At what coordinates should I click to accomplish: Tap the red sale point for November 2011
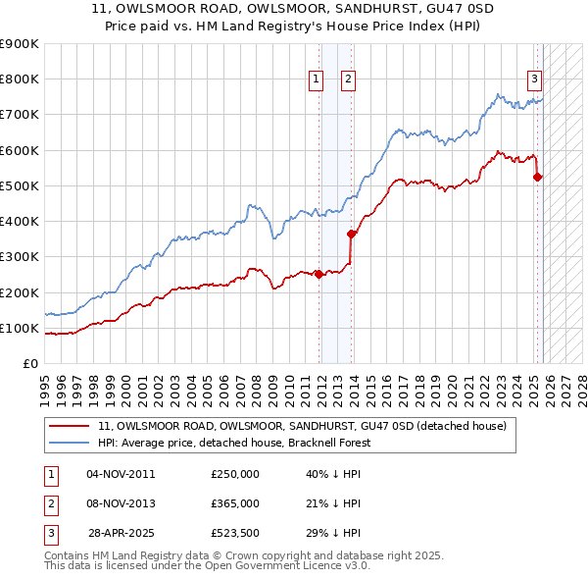318,275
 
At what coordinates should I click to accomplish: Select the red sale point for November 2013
351,234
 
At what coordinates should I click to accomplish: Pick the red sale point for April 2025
537,177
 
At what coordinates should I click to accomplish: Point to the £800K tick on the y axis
20,79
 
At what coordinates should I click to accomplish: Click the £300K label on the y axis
20,257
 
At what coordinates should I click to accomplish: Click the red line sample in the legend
69,426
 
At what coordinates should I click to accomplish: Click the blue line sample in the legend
69,443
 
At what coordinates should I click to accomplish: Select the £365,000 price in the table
235,503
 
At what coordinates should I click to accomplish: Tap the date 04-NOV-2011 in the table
121,474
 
